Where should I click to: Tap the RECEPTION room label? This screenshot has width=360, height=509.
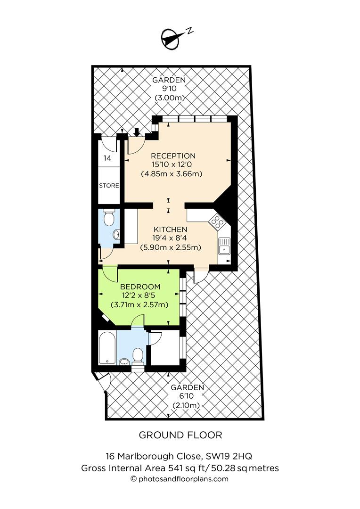[173, 156]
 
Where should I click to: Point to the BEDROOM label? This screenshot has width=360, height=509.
[140, 287]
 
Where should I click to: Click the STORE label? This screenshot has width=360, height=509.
[109, 186]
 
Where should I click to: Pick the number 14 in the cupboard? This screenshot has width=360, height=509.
[107, 158]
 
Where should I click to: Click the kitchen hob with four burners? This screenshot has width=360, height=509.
[217, 221]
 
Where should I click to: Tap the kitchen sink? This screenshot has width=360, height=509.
[224, 246]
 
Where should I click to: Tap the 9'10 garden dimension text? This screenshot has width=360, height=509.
[169, 89]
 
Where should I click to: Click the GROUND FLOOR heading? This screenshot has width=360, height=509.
[180, 435]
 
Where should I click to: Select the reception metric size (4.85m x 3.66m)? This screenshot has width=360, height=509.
[172, 173]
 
